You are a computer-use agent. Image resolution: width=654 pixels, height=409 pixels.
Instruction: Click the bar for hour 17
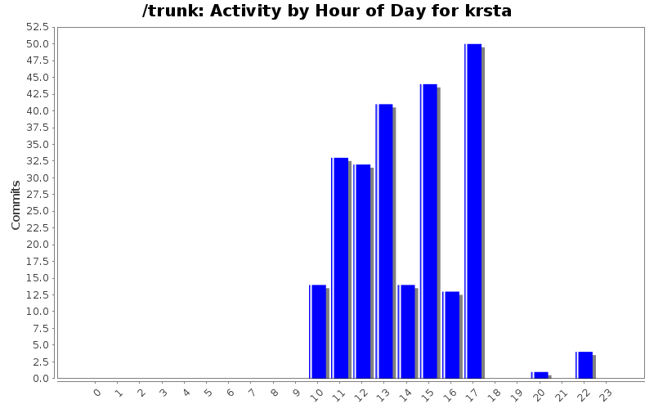pos(473,211)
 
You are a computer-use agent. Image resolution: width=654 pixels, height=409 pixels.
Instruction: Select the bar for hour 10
pos(318,331)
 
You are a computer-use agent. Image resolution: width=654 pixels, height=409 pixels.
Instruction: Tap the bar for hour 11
pos(340,268)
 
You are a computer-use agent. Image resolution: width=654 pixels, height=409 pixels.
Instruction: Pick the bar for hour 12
pos(362,272)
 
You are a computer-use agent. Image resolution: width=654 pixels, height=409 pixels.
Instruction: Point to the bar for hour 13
pos(384,241)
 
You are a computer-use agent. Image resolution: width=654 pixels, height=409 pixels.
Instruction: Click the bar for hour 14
pos(406,331)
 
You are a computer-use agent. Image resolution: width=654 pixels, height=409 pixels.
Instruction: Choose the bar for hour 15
pos(428,231)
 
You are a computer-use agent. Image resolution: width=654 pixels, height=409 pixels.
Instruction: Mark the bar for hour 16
pos(451,335)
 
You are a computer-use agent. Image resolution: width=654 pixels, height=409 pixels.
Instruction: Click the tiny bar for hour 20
pos(540,375)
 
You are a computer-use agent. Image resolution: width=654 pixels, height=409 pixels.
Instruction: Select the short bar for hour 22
pos(585,365)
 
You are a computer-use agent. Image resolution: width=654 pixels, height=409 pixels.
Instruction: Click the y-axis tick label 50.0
pos(38,44)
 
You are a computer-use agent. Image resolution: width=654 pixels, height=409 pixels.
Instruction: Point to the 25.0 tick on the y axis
pos(38,211)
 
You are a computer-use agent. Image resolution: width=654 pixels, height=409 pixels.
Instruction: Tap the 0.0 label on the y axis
pos(40,379)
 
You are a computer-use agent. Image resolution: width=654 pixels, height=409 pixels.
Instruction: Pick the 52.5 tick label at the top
pos(38,27)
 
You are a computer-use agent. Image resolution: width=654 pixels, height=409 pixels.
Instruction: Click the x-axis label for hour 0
pos(97,393)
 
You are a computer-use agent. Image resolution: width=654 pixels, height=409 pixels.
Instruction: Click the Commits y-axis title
pos(16,204)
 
